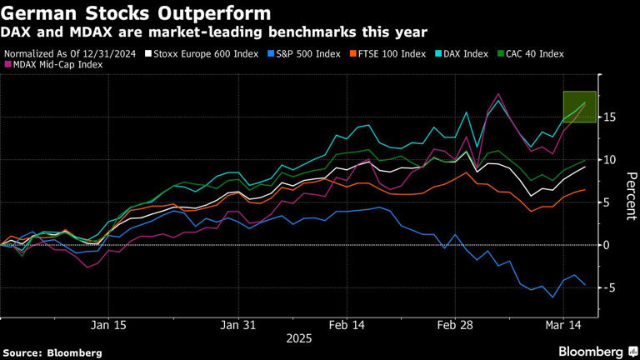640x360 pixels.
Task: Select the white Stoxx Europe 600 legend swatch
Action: click(148, 53)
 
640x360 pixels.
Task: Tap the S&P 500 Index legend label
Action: click(306, 53)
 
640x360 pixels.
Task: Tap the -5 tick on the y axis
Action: click(609, 287)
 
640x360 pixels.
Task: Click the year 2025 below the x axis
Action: click(298, 338)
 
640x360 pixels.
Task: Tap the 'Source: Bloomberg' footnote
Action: click(52, 352)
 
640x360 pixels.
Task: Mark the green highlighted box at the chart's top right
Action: click(579, 107)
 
